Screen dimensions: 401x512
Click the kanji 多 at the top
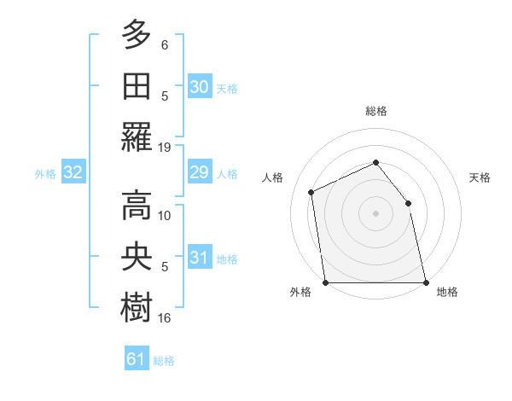point(136,37)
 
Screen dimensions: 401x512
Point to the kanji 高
point(136,204)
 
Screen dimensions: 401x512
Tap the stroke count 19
point(165,148)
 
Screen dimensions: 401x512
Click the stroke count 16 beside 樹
point(165,318)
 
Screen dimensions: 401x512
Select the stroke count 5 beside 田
point(165,96)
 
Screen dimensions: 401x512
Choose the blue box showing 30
point(199,86)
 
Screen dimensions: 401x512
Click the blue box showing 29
point(199,173)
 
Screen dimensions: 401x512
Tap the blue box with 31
point(199,258)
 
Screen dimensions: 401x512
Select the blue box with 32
point(73,173)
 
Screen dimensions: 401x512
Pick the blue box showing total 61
point(136,359)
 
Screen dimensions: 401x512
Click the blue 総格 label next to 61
point(164,361)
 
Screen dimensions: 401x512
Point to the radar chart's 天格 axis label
point(480,177)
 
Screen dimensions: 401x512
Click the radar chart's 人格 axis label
point(273,177)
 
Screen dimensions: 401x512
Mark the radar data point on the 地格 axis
point(426,282)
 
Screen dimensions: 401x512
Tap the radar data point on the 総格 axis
point(375,162)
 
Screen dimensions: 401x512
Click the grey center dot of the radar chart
point(375,213)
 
